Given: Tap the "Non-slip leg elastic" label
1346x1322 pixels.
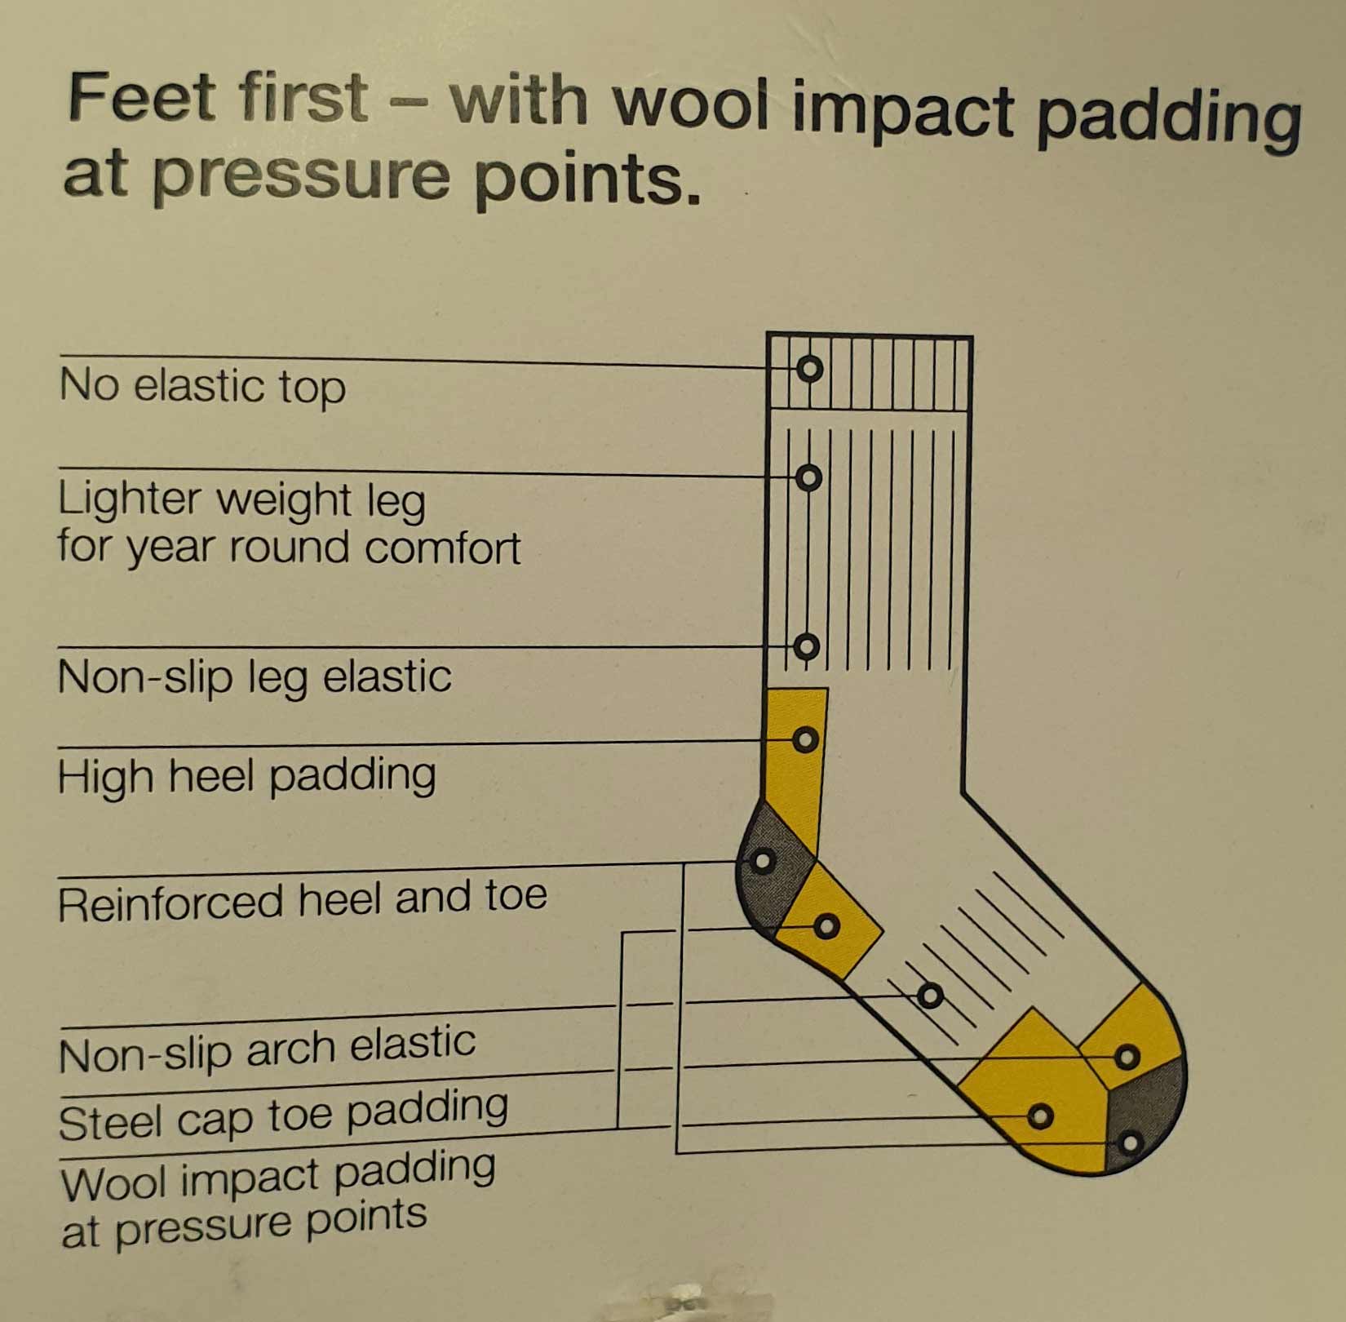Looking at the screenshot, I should pyautogui.click(x=255, y=677).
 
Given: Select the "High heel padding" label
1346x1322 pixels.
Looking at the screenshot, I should pyautogui.click(x=246, y=776).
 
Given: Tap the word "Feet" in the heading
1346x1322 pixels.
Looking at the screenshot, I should pyautogui.click(x=144, y=100).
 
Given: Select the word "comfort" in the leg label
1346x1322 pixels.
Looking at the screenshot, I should pyautogui.click(x=442, y=548).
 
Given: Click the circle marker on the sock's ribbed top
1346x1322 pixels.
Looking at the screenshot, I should pyautogui.click(x=809, y=369).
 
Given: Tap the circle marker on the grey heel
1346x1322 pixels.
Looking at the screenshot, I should pyautogui.click(x=763, y=861).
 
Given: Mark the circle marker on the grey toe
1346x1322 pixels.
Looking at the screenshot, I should pyautogui.click(x=1129, y=1142).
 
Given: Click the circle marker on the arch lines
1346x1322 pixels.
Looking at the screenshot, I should pyautogui.click(x=930, y=996).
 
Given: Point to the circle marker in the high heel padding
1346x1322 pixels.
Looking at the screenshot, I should pyautogui.click(x=805, y=740).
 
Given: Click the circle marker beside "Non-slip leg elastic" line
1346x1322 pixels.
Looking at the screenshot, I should pyautogui.click(x=806, y=647).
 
